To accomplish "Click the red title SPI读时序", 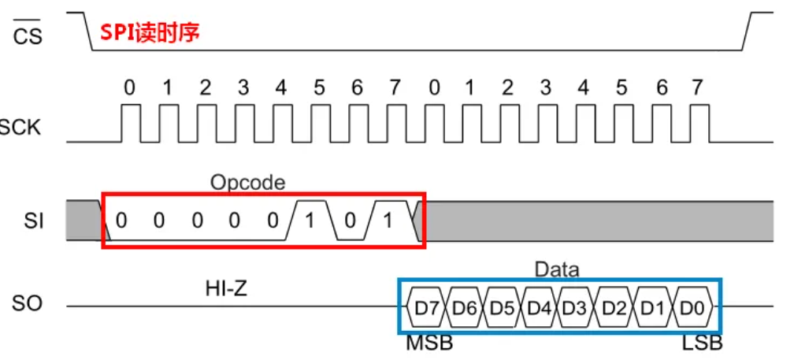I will (x=150, y=33).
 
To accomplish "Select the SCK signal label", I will (x=20, y=128).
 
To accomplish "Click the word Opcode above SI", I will (x=247, y=183).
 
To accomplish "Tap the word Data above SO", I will (x=556, y=269).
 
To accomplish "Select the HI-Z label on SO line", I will (x=228, y=290).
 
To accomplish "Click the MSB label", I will (x=429, y=343).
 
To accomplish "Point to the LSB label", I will (x=703, y=343).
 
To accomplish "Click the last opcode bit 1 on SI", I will (x=387, y=221).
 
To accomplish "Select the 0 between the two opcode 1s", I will (x=349, y=221).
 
